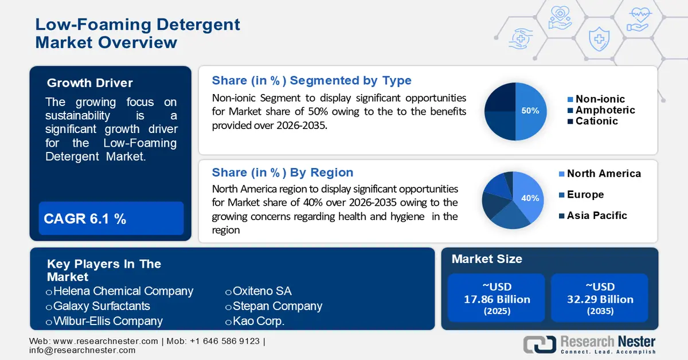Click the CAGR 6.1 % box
pos(111,218)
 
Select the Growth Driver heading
pos(89,83)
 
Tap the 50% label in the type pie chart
pos(530,111)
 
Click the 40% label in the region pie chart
pos(530,198)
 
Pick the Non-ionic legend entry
pos(600,99)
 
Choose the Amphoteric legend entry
pos(605,110)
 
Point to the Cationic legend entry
pos(596,121)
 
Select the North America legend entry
pos(603,174)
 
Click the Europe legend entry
pos(585,195)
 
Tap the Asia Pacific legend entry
pos(596,216)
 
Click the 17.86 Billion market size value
pos(497,299)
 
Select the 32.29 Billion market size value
pos(600,299)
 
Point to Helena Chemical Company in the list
pos(123,291)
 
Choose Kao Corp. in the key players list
pos(258,321)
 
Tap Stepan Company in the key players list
pos(277,306)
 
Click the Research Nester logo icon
pos(539,344)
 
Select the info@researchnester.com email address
pos(83,350)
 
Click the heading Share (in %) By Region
pos(283,173)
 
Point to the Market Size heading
pos(487,259)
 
